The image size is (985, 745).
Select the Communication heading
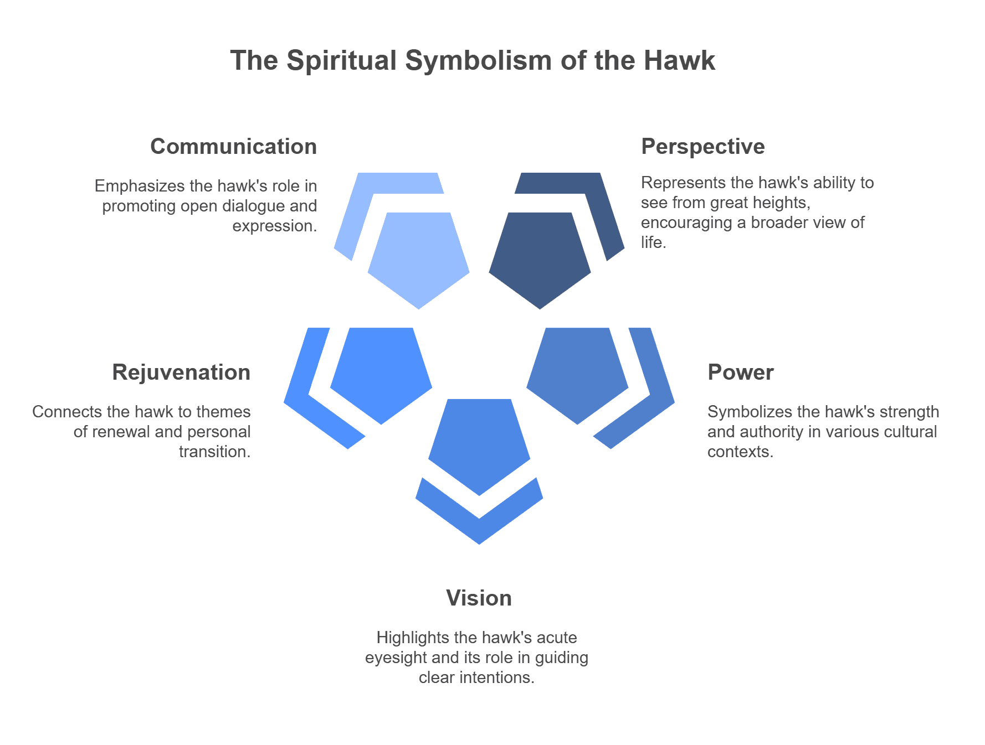234,147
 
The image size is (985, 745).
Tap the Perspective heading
703,147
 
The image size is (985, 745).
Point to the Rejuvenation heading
182,372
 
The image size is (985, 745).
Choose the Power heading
741,372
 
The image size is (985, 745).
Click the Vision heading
479,598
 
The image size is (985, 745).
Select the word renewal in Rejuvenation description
121,432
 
